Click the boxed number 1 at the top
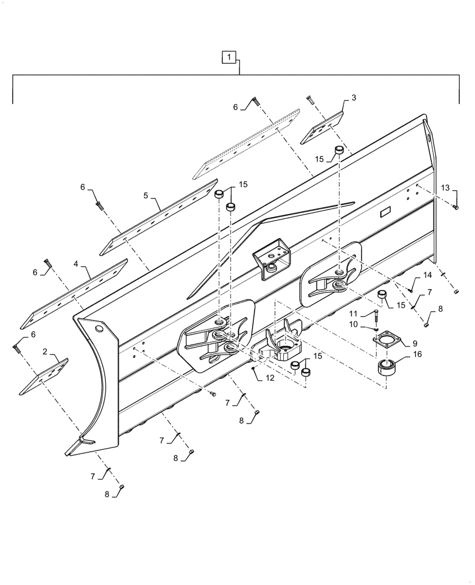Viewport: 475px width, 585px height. point(229,57)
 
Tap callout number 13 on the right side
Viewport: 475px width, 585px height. point(445,188)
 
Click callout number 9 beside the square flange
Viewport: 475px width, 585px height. point(407,343)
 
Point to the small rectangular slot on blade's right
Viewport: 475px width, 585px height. point(387,214)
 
